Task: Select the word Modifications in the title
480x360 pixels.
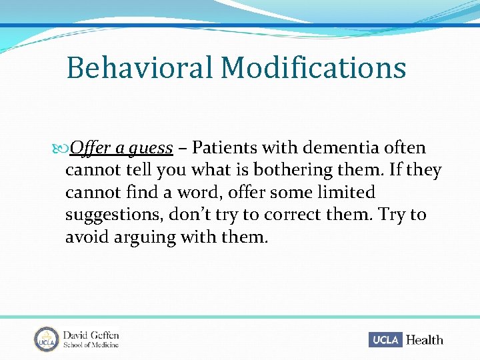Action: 313,68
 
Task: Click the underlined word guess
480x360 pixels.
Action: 151,148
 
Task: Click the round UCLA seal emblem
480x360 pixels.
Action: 46,339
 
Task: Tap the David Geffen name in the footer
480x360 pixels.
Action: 91,335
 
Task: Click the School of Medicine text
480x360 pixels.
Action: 91,345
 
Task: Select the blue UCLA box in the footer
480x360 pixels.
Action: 385,339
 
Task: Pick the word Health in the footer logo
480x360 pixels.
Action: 424,339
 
